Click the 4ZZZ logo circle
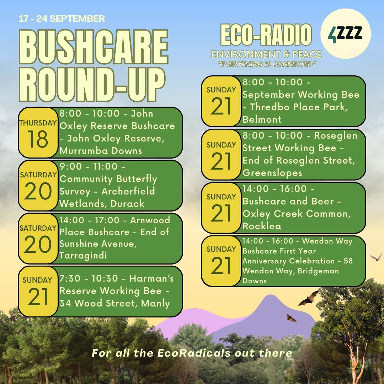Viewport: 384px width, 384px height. coord(345,34)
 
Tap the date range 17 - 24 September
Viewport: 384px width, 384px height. coord(62,18)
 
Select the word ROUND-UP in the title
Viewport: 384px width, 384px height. coord(92,84)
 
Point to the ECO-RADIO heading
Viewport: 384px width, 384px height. coord(266,35)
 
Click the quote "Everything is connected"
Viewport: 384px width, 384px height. coord(267,64)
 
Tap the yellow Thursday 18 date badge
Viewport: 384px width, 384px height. coord(38,133)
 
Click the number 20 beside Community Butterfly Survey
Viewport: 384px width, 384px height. coord(38,191)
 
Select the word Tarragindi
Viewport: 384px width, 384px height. coord(83,256)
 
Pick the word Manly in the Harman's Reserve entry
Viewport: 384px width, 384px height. coord(155,303)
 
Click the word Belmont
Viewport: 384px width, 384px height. coord(262,119)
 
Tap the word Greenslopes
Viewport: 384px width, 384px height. coord(272,173)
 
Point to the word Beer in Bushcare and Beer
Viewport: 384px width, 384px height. coord(322,201)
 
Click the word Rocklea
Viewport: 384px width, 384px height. coord(262,226)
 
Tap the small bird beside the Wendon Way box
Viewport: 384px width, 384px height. coord(376,257)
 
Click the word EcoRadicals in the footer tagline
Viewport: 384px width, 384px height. coord(194,353)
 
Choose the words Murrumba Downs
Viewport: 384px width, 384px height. coord(101,151)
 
